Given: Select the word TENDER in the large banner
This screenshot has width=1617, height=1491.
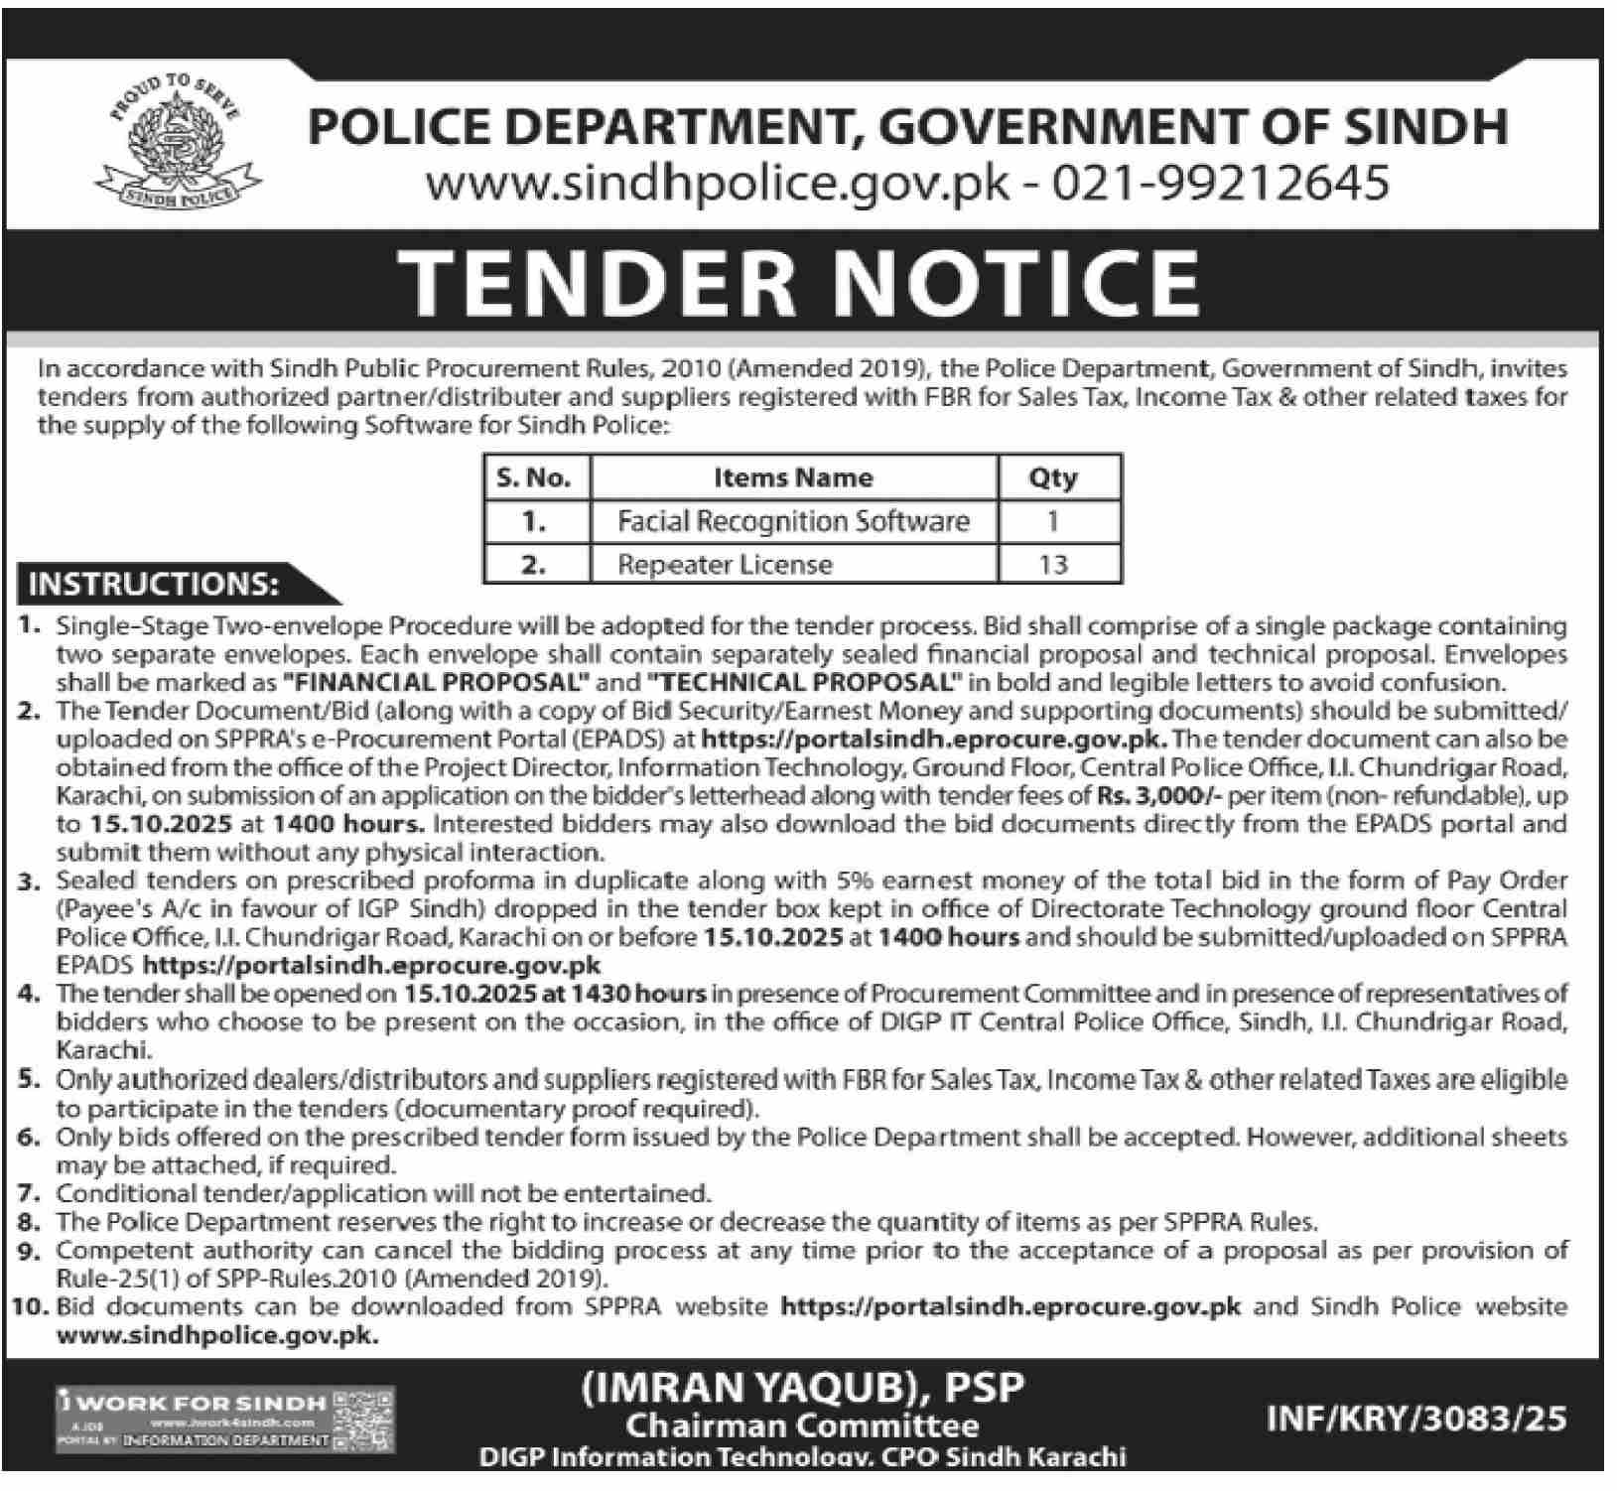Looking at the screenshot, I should pos(599,280).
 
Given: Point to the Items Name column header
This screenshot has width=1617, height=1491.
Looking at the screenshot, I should pos(793,477).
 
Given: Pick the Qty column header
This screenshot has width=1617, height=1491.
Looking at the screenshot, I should pos(1052,477).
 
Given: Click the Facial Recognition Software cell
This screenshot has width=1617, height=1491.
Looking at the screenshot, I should pos(793,521).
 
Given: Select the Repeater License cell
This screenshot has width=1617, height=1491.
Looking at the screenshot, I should pos(725,565).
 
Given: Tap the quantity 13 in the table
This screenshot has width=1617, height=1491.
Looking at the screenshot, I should pos(1052,565).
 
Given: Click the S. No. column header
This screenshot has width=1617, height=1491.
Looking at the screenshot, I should pos(534,477).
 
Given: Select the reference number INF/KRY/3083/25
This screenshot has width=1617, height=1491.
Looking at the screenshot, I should pos(1417,1419).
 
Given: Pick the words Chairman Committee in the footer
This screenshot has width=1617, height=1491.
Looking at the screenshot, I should pos(802,1426).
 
